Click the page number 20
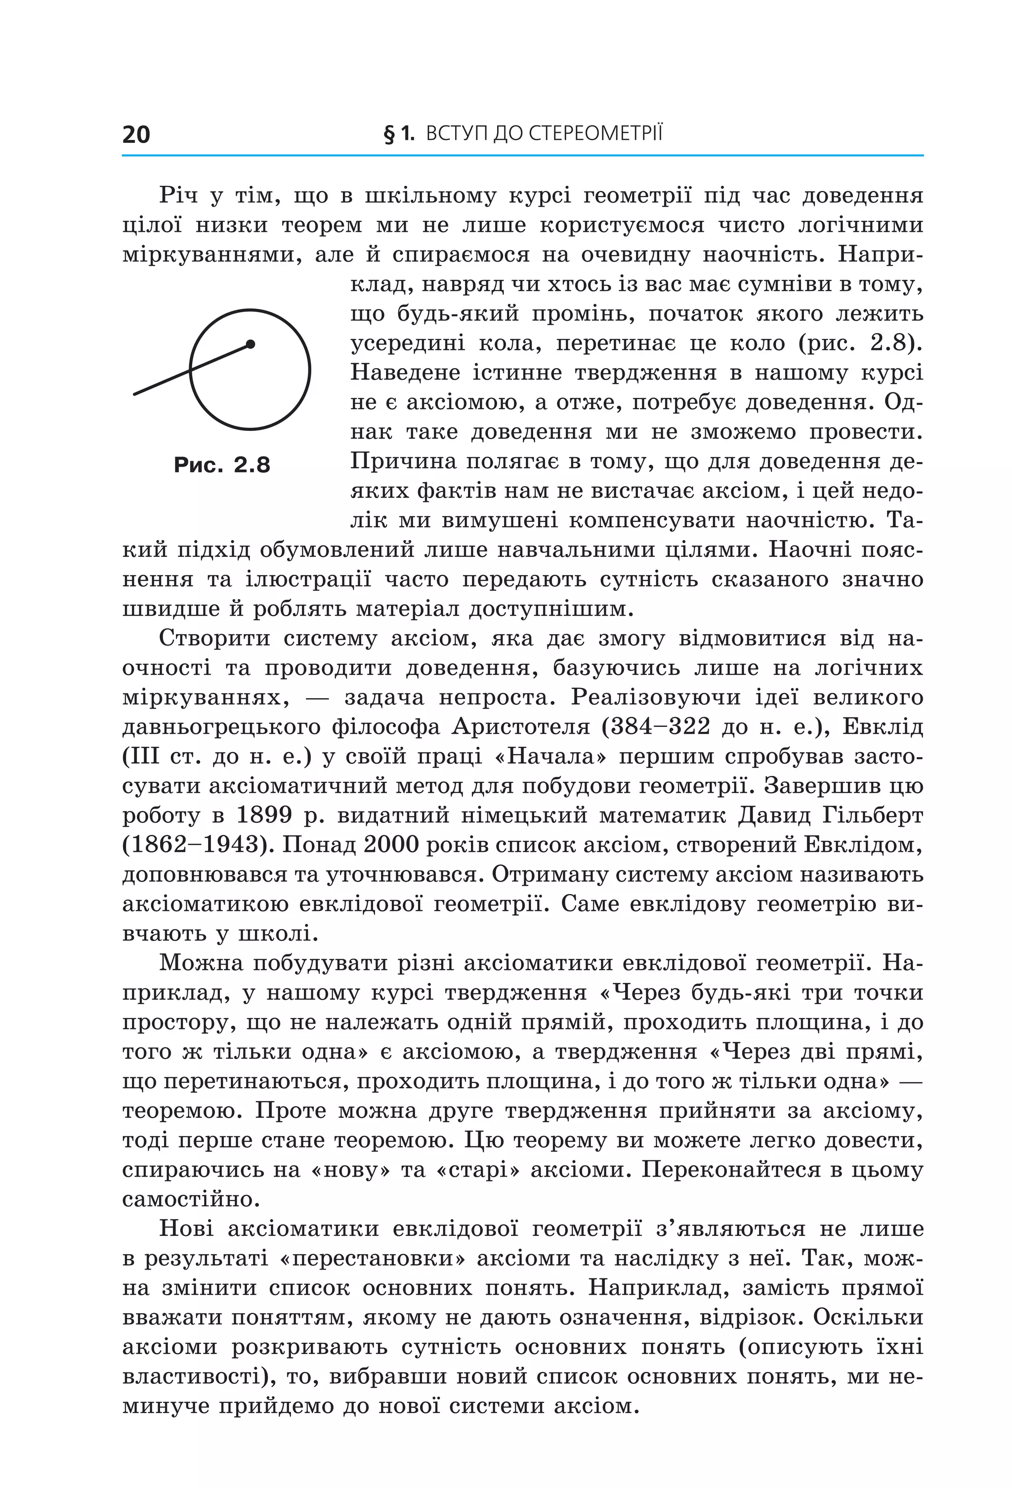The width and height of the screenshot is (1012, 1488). tap(136, 134)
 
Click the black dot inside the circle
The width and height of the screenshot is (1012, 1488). tap(250, 344)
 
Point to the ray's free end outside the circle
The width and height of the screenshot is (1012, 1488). tap(134, 394)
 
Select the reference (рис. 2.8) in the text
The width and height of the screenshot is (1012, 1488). tap(860, 343)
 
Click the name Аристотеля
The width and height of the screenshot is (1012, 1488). tap(521, 727)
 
